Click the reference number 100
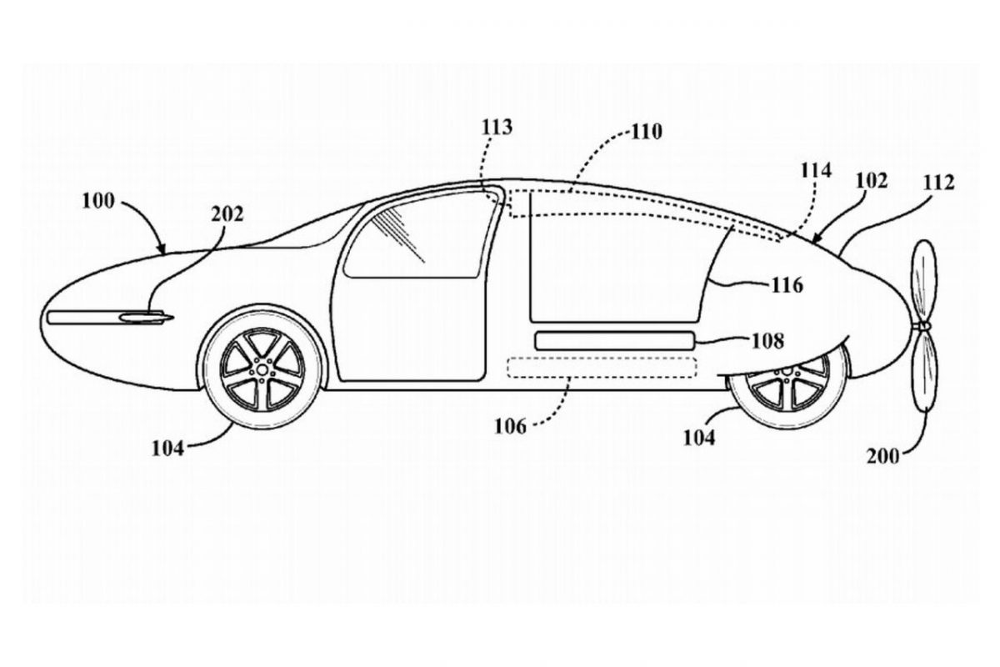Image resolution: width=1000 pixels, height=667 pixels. pos(101,201)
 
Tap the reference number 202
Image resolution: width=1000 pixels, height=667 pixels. pos(227,214)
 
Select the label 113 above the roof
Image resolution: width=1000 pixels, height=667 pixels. pos(497,128)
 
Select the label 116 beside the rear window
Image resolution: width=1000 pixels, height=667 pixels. pos(786,286)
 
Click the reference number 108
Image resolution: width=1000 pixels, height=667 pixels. pos(767,340)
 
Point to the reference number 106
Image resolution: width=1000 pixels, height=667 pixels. pos(508,426)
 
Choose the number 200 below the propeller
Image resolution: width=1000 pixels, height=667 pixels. pos(882,456)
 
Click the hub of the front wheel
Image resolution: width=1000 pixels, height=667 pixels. pos(262,367)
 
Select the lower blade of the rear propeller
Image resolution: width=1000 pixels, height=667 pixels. pos(924,371)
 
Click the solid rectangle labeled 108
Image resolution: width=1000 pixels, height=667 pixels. pos(615,340)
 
